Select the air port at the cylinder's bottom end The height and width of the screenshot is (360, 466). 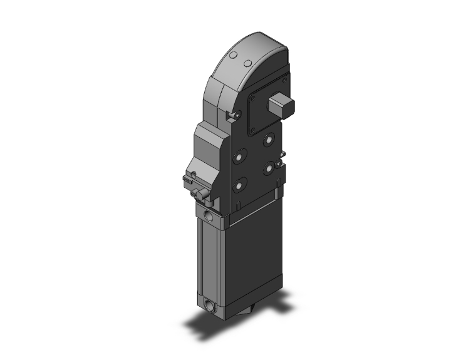(x=209, y=307)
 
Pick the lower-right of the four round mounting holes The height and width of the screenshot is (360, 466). (x=269, y=167)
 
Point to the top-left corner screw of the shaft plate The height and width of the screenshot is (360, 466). (x=251, y=97)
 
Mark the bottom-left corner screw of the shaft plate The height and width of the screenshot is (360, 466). (x=252, y=132)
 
